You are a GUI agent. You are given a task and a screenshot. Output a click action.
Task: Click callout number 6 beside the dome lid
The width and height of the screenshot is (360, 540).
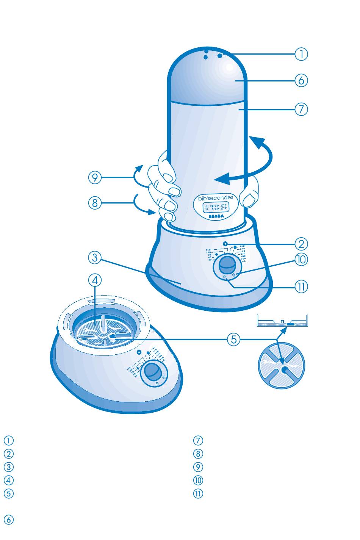pyautogui.click(x=302, y=81)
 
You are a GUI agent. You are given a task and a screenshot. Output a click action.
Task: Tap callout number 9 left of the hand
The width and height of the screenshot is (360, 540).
pyautogui.click(x=95, y=178)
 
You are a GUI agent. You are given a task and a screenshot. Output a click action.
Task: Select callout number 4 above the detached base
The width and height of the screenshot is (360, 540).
pyautogui.click(x=95, y=280)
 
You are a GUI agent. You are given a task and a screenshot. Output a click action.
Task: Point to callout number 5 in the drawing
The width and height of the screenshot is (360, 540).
pyautogui.click(x=234, y=339)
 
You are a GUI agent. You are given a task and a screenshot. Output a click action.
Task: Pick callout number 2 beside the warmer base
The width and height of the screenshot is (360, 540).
pyautogui.click(x=302, y=243)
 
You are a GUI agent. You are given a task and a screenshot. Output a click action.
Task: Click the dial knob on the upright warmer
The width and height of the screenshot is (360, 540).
pyautogui.click(x=228, y=264)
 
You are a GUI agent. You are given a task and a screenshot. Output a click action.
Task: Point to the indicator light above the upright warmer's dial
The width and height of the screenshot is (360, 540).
pyautogui.click(x=225, y=244)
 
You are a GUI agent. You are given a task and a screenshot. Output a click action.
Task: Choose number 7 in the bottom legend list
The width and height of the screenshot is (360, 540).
pyautogui.click(x=198, y=441)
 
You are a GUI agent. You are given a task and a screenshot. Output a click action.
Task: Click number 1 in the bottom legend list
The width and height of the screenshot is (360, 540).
pyautogui.click(x=9, y=441)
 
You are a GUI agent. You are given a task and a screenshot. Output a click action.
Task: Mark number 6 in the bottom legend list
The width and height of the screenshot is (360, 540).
pyautogui.click(x=9, y=520)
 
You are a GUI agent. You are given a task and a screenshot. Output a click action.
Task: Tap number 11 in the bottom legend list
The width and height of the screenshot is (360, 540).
pyautogui.click(x=198, y=493)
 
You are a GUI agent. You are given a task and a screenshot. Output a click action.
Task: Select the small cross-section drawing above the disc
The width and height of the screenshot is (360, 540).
pyautogui.click(x=282, y=322)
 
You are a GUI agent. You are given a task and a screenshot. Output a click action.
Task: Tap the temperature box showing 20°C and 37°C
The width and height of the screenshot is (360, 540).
pyautogui.click(x=216, y=207)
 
